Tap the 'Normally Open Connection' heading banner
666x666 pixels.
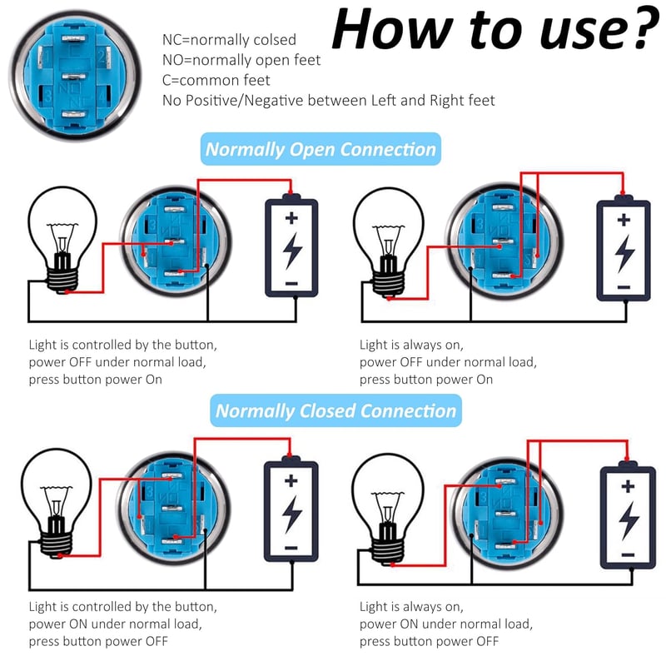pos(321,149)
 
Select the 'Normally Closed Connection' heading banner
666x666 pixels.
pos(335,410)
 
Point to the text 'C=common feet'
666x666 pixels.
pos(216,80)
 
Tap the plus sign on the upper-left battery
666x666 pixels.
pos(291,218)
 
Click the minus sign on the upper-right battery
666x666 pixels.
pos(624,287)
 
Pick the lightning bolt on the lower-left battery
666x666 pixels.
pos(291,514)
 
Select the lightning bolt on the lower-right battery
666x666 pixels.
pos(629,520)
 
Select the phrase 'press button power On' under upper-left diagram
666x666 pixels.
pos(96,380)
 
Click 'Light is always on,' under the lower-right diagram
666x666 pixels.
pos(411,607)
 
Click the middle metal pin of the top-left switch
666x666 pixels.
pos(74,77)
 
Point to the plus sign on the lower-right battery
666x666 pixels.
pos(628,486)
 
